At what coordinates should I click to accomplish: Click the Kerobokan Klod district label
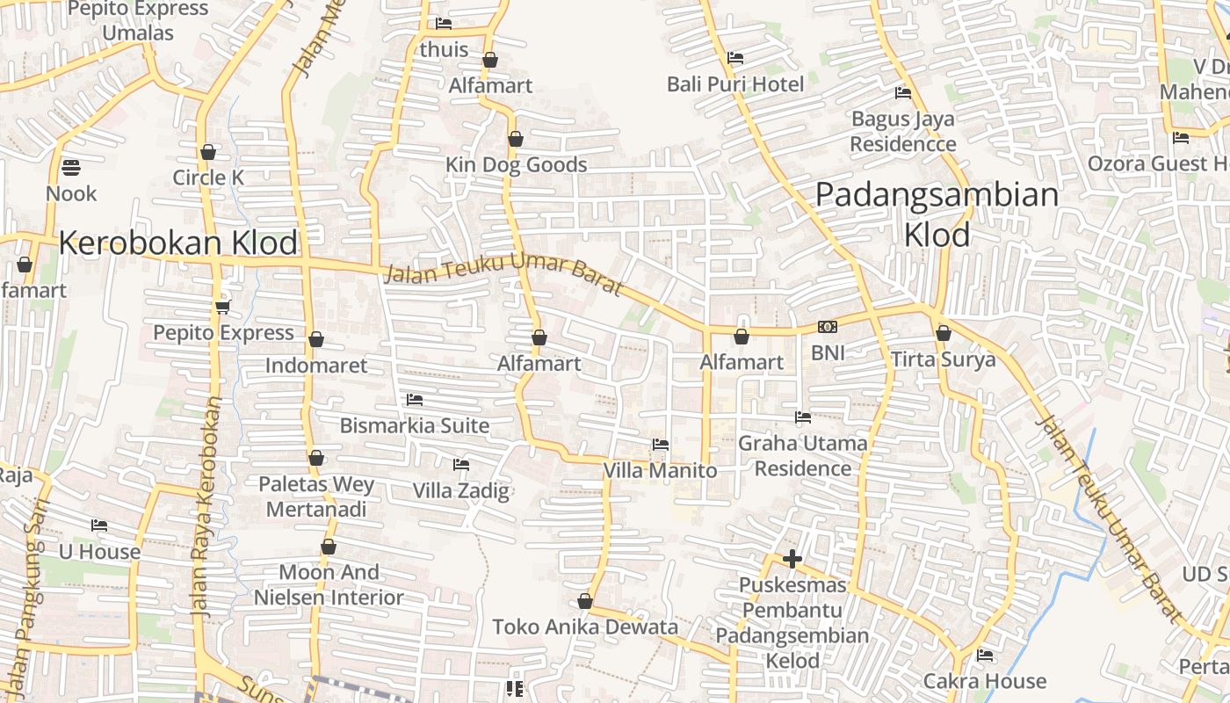(x=178, y=243)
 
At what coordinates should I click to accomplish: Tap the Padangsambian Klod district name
(x=937, y=214)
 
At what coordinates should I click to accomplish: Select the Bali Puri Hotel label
(x=735, y=84)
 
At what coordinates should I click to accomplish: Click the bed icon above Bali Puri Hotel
(x=735, y=58)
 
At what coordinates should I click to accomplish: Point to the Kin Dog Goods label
(x=516, y=165)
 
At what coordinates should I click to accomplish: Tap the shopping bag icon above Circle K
(x=208, y=152)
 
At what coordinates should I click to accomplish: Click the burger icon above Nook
(x=71, y=167)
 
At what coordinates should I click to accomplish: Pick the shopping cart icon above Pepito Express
(x=222, y=307)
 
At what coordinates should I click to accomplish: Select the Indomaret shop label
(x=316, y=366)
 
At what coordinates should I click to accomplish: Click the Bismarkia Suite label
(x=415, y=426)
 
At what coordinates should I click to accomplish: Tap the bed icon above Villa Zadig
(x=461, y=464)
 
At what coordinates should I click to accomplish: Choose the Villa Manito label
(x=660, y=471)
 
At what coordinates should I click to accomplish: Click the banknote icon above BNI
(x=828, y=327)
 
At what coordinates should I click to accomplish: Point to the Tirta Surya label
(x=944, y=359)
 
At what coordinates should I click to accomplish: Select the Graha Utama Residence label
(x=802, y=455)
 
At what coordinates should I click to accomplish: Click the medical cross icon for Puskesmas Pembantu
(x=792, y=559)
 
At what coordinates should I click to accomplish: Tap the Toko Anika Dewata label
(x=585, y=627)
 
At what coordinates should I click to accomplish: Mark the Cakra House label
(x=985, y=681)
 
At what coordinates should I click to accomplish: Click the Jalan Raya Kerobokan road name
(x=205, y=505)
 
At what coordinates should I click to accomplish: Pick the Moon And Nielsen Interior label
(x=329, y=585)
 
